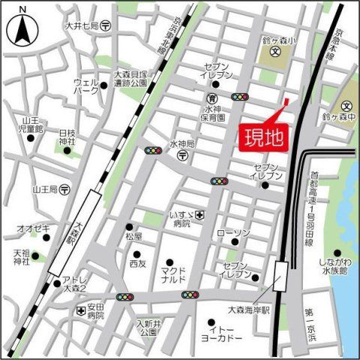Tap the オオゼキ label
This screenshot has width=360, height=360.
[x=32, y=228]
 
